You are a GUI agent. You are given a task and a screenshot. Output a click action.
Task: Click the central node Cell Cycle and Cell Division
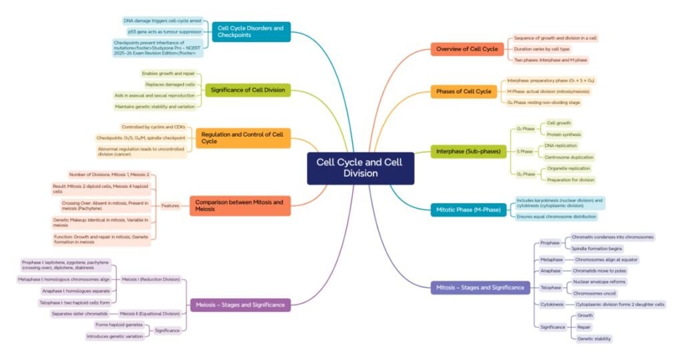tap(360, 168)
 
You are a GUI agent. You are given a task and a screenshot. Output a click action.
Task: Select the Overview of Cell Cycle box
tap(467, 49)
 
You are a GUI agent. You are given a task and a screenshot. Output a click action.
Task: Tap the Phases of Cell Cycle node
tap(464, 91)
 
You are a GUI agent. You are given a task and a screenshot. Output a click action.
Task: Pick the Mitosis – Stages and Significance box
tap(481, 287)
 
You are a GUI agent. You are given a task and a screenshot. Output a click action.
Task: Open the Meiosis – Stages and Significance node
tap(240, 305)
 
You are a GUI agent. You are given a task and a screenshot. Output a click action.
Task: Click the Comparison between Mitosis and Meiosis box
tap(239, 205)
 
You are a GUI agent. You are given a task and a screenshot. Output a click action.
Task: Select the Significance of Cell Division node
tap(247, 90)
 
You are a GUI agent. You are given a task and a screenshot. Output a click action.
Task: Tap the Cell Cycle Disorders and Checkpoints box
tap(251, 31)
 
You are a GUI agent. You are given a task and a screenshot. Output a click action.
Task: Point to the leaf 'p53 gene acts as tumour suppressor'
tap(164, 31)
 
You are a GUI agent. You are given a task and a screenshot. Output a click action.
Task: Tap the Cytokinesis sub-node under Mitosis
tap(552, 304)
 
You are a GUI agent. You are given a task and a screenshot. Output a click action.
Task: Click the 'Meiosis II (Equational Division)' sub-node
tap(149, 313)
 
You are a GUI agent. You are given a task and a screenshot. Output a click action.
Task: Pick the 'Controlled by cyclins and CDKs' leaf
tap(153, 127)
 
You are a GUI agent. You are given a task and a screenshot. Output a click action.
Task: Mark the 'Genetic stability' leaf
tap(594, 339)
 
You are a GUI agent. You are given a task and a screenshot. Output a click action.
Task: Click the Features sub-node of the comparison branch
tap(170, 206)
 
